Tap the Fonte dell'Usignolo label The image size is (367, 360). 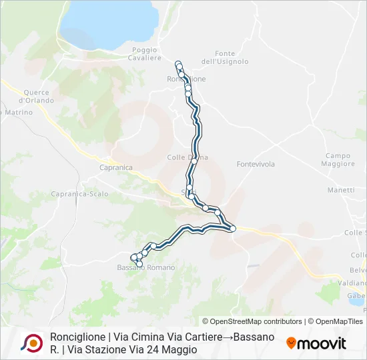click(225, 57)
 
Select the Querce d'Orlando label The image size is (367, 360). click(37, 96)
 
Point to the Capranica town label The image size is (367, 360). click(115, 167)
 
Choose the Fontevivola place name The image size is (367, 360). click(256, 163)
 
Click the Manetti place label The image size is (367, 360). click(341, 190)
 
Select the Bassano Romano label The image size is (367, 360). click(146, 267)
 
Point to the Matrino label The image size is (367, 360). click(19, 113)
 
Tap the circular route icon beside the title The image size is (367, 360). click(31, 343)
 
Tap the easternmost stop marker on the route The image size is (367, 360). click(233, 229)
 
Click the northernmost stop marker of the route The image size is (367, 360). click(178, 64)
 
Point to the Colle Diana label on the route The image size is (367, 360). click(188, 157)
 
